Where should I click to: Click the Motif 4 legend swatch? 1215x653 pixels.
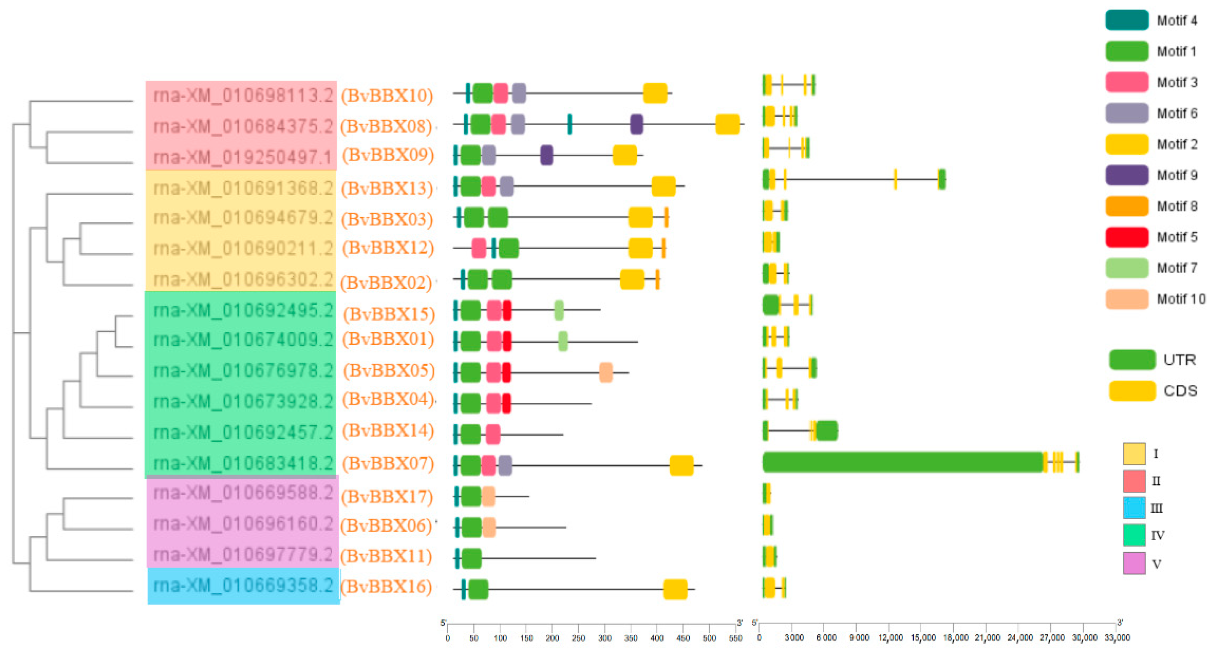point(1126,20)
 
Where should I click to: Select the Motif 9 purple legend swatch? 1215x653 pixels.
point(1126,175)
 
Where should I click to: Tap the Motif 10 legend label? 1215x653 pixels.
point(1180,299)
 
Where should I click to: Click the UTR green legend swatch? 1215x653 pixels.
point(1132,360)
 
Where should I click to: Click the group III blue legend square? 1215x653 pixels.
point(1134,508)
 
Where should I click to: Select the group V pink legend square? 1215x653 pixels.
point(1134,563)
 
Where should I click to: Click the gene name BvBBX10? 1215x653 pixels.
point(387,95)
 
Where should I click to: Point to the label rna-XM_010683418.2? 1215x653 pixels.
point(243,463)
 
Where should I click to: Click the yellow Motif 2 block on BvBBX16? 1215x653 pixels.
point(675,589)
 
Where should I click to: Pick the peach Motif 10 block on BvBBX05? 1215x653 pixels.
point(606,373)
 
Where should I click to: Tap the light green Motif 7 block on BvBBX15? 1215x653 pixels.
point(559,311)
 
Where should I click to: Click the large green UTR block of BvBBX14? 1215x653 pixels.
point(826,431)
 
